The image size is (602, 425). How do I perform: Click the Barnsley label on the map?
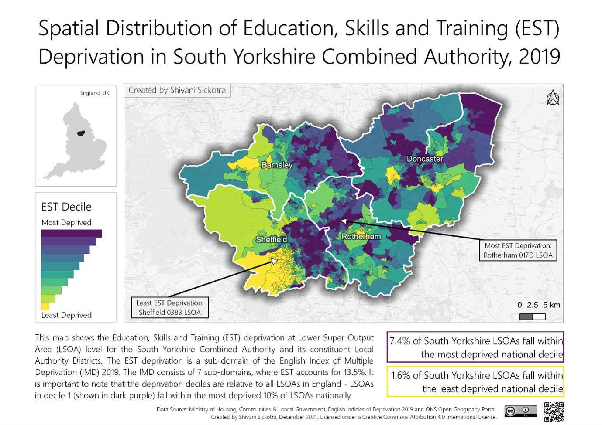(x=277, y=165)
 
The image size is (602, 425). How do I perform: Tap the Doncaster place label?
(x=424, y=159)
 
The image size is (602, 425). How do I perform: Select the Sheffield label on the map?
(x=271, y=239)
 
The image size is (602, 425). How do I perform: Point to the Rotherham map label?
(x=361, y=236)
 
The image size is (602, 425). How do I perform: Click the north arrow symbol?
(x=553, y=98)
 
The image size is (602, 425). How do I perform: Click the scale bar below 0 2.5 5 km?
(x=532, y=316)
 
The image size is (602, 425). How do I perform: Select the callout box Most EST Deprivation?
(x=518, y=250)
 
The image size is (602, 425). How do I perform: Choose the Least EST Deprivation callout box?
(x=169, y=307)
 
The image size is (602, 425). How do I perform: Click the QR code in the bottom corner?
(x=554, y=412)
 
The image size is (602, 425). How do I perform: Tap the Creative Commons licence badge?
(x=520, y=411)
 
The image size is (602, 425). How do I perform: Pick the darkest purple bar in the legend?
(x=71, y=234)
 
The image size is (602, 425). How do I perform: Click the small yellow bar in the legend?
(x=45, y=306)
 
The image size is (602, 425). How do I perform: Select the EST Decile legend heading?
(x=66, y=207)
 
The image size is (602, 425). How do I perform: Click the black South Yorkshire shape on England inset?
(x=80, y=133)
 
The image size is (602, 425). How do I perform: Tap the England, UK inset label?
(x=94, y=93)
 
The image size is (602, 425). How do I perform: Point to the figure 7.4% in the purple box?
(x=400, y=341)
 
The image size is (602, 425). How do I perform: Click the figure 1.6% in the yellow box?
(x=401, y=375)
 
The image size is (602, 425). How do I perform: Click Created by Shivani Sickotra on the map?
(x=177, y=90)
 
